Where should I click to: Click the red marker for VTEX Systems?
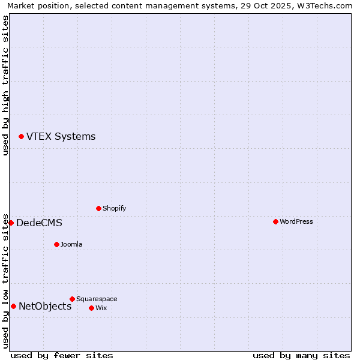click(x=22, y=137)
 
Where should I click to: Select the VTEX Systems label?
click(x=61, y=137)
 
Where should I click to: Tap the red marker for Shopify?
click(x=98, y=209)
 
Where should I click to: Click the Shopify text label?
click(x=114, y=209)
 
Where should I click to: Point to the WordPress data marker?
click(x=275, y=222)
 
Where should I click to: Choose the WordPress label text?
click(x=296, y=222)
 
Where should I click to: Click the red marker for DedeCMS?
click(x=11, y=223)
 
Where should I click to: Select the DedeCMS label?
click(x=39, y=223)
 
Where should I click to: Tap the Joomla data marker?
click(x=56, y=245)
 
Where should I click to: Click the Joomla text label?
click(x=71, y=245)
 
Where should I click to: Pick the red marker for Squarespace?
click(x=72, y=299)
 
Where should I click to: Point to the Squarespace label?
click(x=97, y=299)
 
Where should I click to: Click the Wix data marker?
click(x=91, y=308)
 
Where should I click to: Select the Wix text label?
click(x=101, y=308)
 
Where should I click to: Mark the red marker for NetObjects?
click(x=13, y=307)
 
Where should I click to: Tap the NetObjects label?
click(x=45, y=307)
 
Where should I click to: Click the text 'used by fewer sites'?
click(x=62, y=355)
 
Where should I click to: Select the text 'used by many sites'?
click(x=301, y=355)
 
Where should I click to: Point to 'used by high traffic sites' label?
click(x=5, y=85)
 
